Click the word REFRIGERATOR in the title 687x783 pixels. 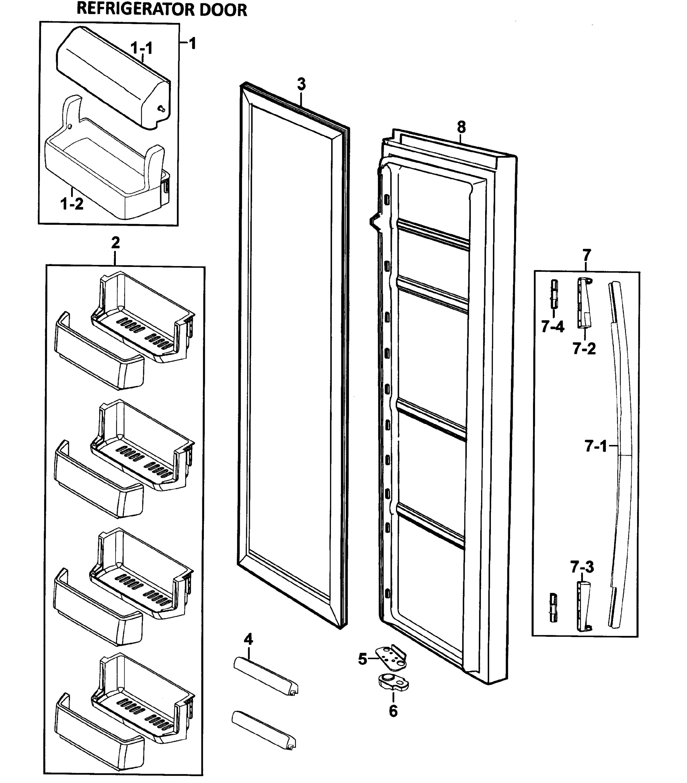click(136, 9)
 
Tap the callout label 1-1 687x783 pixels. click(141, 48)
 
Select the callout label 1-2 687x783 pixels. click(72, 204)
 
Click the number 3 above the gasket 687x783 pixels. click(301, 84)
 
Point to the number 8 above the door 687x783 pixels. click(461, 127)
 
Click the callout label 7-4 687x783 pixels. click(552, 327)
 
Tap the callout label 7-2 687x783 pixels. click(584, 348)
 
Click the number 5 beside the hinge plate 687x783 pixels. click(362, 659)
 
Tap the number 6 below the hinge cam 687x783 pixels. click(393, 711)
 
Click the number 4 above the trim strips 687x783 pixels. click(249, 639)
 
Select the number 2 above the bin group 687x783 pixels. click(115, 242)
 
